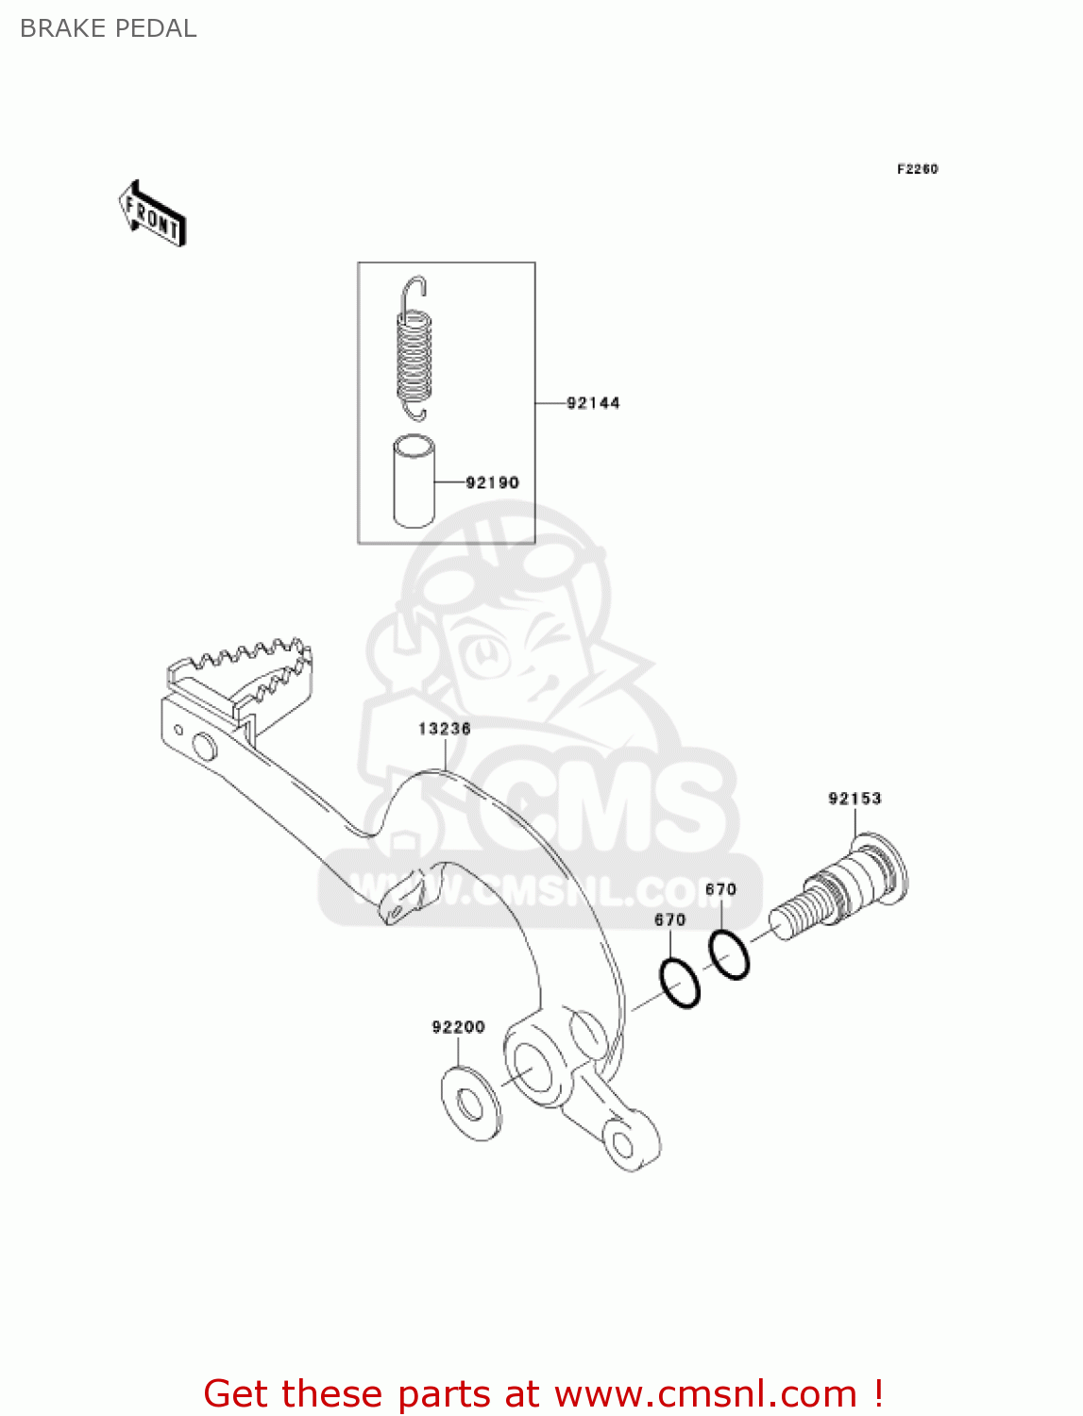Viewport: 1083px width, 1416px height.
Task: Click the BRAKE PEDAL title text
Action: pos(108,28)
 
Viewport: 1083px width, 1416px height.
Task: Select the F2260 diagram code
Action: pos(917,169)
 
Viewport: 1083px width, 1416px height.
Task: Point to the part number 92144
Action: pos(593,403)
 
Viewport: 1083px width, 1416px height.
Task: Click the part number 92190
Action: pos(492,482)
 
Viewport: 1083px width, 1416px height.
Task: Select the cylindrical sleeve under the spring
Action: pos(414,480)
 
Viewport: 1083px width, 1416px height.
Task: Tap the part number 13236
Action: pos(444,729)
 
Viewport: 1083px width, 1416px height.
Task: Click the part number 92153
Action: pos(855,799)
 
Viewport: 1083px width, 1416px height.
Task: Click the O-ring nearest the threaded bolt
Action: pos(729,953)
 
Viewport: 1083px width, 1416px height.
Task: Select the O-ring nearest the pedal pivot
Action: pos(680,983)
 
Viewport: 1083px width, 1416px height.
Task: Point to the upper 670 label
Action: pos(720,889)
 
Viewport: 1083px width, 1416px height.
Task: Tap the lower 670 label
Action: pos(669,919)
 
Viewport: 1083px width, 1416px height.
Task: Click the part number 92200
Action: pos(458,1027)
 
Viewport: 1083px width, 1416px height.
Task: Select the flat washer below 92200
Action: pos(471,1103)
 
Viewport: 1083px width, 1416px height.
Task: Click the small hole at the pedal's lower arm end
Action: pos(622,1145)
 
